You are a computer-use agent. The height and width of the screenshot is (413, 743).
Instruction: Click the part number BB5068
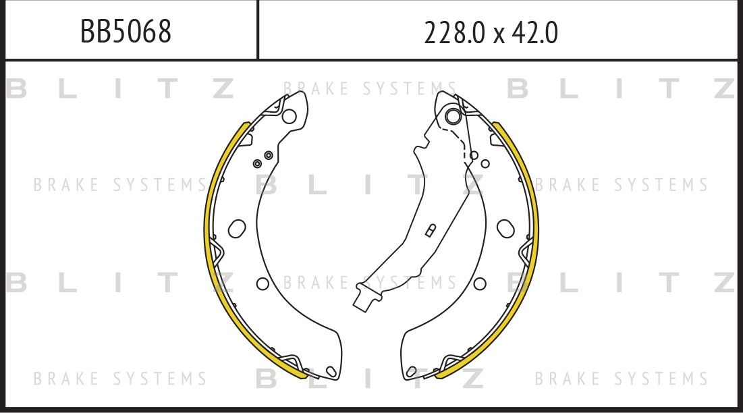[126, 31]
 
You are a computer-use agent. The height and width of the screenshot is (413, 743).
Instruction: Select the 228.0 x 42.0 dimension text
[491, 32]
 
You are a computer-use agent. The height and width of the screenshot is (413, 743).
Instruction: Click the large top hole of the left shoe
[289, 116]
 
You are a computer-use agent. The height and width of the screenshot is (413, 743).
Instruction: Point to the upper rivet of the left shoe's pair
[269, 156]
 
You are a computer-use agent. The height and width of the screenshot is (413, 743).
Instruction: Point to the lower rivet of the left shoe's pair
[257, 163]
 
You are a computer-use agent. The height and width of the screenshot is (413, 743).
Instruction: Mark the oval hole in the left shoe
[237, 228]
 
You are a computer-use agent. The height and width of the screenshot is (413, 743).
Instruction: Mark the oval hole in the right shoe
[505, 228]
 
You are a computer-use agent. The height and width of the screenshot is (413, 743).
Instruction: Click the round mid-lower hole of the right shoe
[480, 283]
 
